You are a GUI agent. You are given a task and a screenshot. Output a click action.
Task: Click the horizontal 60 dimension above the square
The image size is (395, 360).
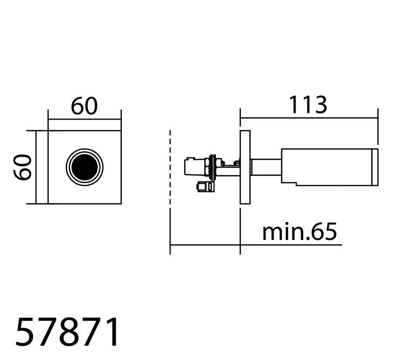point(84,106)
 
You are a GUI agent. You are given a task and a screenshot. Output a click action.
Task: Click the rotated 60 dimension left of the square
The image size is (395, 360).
point(22,167)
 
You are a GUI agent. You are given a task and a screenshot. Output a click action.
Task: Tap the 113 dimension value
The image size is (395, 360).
point(308,104)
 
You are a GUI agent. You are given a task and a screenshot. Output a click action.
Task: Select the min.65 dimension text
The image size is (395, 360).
point(300,232)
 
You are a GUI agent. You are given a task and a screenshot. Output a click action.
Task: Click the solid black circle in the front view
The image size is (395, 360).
point(85,167)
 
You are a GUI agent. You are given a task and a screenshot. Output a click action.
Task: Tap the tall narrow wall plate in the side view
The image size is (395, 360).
point(245,167)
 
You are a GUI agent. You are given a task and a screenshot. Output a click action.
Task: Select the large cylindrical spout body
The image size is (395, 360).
point(327,167)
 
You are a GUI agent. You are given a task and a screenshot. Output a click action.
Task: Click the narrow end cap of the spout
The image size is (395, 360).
point(375,167)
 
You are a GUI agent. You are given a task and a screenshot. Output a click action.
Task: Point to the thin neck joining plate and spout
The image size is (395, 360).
point(266,167)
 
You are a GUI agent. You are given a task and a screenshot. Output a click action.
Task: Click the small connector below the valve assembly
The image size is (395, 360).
point(206,187)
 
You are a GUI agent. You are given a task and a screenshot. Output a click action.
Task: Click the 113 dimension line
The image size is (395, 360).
point(309,118)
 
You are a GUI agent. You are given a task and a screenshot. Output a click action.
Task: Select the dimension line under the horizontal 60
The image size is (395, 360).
point(85,119)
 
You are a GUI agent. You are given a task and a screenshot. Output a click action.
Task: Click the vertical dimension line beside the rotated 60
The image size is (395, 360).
point(36,167)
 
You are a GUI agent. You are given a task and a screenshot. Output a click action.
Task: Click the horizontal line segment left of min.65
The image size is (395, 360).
point(205,245)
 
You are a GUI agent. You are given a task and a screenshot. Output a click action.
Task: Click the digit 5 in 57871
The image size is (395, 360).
point(24,332)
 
